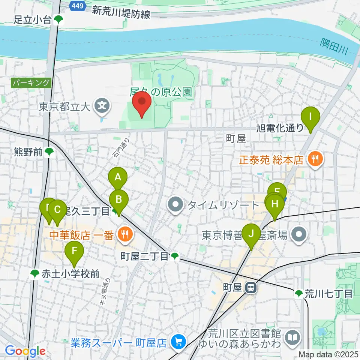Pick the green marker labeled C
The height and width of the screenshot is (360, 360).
click(x=57, y=211)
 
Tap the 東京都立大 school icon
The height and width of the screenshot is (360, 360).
click(x=102, y=107)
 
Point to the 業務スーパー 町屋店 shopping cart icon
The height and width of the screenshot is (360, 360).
click(x=178, y=342)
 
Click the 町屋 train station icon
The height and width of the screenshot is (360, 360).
click(x=250, y=288)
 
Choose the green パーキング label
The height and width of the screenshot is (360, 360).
click(x=31, y=82)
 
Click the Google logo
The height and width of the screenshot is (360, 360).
click(x=25, y=351)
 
